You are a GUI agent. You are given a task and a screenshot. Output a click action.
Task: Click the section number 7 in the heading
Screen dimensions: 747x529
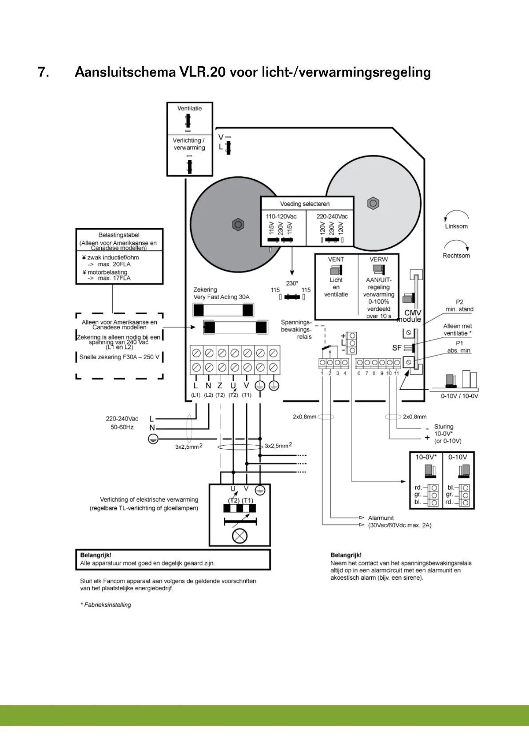coord(43,72)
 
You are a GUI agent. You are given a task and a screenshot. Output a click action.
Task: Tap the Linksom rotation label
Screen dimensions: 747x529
coord(456,226)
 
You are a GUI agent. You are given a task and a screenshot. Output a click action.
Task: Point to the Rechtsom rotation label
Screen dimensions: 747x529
coord(456,256)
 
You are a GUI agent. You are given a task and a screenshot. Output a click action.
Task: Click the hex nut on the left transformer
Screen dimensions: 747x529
coord(238,225)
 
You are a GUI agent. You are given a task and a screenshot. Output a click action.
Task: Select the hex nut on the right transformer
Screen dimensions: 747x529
coord(373,204)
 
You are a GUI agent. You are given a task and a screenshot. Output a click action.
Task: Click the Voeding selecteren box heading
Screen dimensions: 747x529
coord(305,204)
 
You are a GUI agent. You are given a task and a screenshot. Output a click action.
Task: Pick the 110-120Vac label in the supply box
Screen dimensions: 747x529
coord(281,217)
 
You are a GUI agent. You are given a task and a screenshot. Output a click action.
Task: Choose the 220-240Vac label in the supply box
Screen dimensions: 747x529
coord(332,217)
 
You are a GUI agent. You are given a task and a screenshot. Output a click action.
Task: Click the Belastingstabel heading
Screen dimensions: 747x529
coord(119,235)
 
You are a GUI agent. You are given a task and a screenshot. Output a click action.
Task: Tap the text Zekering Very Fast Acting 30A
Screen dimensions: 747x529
coord(221,293)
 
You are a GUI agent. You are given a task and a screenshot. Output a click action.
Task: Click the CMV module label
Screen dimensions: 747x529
coord(410,316)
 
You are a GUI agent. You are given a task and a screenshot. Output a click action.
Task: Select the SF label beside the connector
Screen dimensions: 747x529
coord(397,348)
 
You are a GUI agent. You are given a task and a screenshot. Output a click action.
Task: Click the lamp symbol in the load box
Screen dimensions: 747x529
coord(240,536)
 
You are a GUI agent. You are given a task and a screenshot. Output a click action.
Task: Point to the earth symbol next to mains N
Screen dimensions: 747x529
coord(153,439)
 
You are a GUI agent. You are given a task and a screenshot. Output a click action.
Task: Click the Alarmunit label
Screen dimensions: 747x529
coord(381,518)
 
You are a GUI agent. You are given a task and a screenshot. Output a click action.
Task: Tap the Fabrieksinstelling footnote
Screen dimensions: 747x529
coord(106,605)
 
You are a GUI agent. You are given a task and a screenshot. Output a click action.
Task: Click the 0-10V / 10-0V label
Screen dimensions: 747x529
coord(459,396)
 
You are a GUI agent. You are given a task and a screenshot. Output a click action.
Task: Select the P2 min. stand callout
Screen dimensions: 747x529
coord(459,305)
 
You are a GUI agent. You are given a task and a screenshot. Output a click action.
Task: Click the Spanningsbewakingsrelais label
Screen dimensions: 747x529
coord(296,329)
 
